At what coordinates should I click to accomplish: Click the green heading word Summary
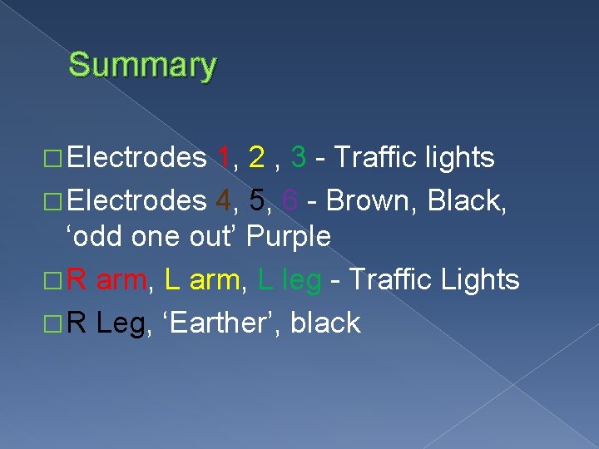tap(142, 65)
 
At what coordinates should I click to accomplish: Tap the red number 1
tap(222, 156)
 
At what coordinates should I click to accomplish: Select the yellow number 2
tap(257, 156)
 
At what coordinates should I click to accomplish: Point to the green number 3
tap(298, 156)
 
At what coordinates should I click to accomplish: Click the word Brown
tap(371, 200)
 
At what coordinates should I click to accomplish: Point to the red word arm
tap(122, 280)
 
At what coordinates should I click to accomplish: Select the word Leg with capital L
tap(121, 323)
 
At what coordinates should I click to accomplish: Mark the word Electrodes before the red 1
tap(136, 156)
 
